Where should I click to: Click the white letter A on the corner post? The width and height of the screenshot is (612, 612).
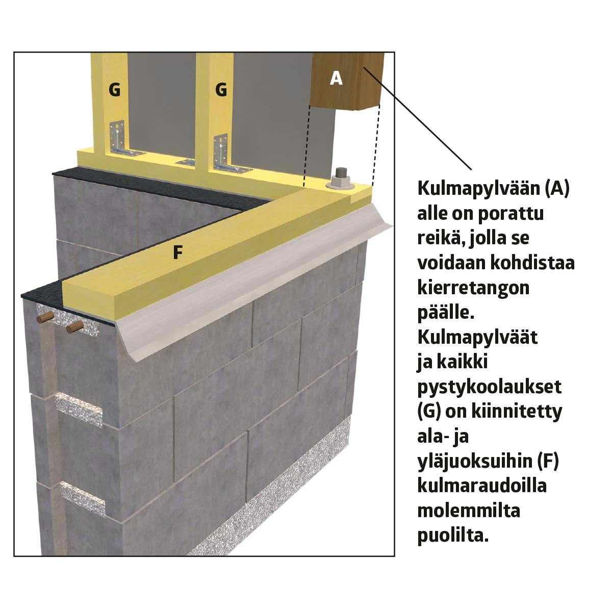tap(336, 79)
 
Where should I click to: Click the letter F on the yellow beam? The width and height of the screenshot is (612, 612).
tap(178, 252)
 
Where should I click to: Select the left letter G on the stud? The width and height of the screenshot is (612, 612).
tap(115, 90)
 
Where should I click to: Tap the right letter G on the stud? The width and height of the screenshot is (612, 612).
tap(221, 90)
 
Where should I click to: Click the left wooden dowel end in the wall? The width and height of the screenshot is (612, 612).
tap(45, 318)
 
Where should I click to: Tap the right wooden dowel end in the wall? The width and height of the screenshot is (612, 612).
tap(74, 327)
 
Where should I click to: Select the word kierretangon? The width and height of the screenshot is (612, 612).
tap(473, 288)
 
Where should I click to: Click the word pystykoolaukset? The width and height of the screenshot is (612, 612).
tap(490, 387)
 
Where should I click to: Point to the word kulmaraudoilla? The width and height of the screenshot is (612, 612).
tap(482, 486)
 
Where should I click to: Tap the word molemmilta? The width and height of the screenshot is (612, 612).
tap(469, 511)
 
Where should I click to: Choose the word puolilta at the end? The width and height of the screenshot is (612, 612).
tap(452, 536)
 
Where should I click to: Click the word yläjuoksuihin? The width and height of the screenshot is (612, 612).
tap(475, 462)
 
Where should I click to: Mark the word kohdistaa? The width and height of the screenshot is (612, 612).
tap(535, 263)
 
